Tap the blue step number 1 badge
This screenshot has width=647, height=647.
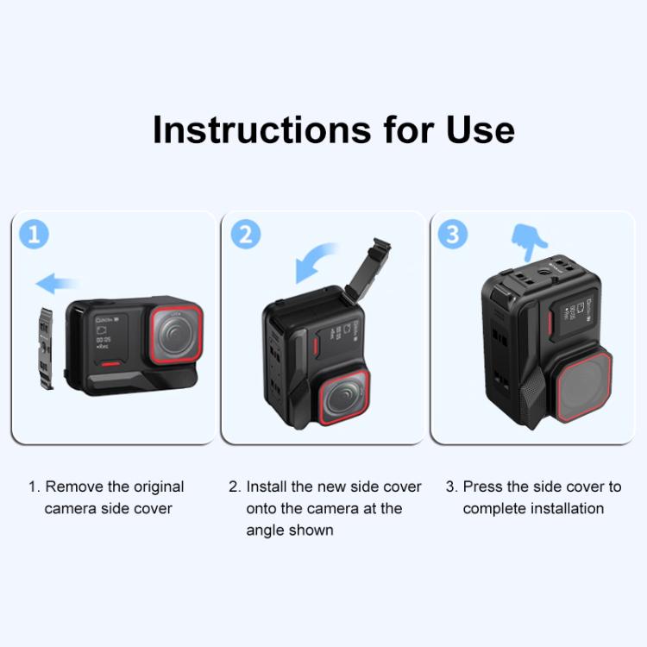point(35,234)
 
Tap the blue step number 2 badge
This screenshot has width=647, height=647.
point(246,234)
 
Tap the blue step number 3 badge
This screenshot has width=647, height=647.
point(453,234)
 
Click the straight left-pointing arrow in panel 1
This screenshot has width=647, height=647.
point(57,283)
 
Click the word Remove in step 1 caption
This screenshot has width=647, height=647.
point(72,487)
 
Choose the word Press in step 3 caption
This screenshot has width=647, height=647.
point(483,487)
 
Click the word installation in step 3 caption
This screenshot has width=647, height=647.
point(560,509)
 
